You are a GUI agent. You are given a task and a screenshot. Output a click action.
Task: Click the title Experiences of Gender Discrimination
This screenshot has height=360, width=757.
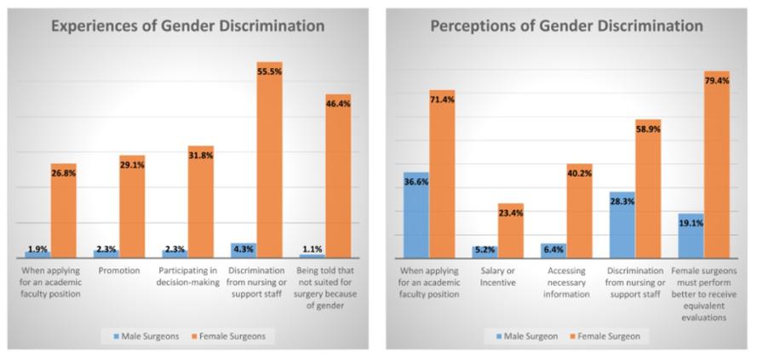coord(186,26)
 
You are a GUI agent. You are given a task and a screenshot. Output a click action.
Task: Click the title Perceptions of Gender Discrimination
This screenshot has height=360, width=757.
coord(566,26)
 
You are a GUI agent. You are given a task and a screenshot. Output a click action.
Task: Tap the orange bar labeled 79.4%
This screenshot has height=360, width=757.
coord(717,166)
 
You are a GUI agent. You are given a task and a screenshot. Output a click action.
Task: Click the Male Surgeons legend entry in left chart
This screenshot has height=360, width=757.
coord(150,336)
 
